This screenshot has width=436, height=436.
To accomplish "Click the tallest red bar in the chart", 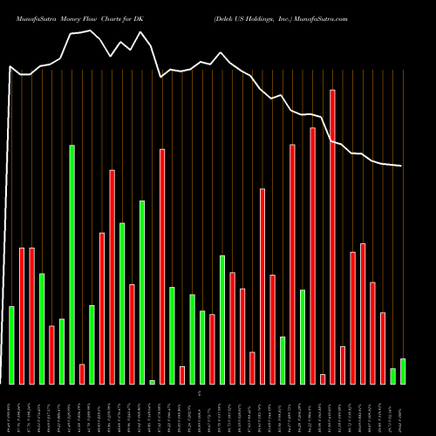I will point(332,236).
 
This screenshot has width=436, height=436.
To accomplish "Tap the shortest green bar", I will point(152,382).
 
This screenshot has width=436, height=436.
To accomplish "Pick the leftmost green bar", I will point(12,344).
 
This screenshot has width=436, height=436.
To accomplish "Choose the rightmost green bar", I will point(402,371).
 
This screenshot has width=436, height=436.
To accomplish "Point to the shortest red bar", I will point(323,378).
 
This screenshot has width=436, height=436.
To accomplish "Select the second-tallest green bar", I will point(142,292).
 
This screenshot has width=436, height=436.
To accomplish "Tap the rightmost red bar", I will point(382,348).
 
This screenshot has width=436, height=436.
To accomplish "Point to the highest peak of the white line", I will point(141,32).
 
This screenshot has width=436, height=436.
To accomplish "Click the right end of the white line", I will point(401,166).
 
